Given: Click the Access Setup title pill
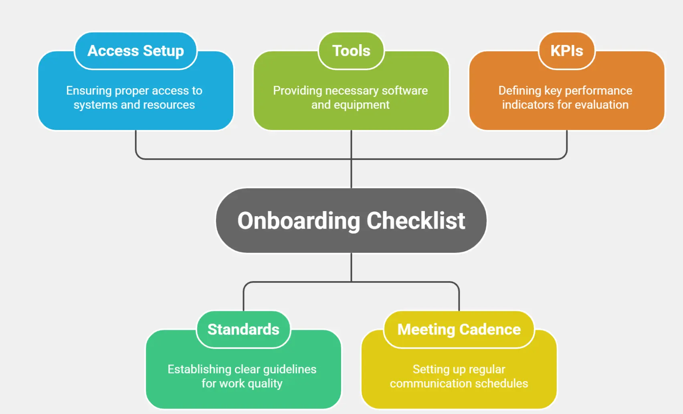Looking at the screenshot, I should point(135,51).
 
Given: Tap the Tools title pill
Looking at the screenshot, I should point(351,51).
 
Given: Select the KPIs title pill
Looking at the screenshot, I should point(566,51).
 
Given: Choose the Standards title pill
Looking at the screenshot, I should point(243,329).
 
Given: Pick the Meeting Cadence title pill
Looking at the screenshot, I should point(459,329).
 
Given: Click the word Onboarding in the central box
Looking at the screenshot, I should point(299,221).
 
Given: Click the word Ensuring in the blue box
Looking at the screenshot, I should point(89,91).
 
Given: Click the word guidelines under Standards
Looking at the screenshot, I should point(290,369).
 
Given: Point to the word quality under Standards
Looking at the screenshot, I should point(265,384).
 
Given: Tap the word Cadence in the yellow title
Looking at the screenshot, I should point(490,329).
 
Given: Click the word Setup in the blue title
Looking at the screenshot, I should point(163,51).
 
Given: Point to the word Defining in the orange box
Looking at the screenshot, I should point(519,91).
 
